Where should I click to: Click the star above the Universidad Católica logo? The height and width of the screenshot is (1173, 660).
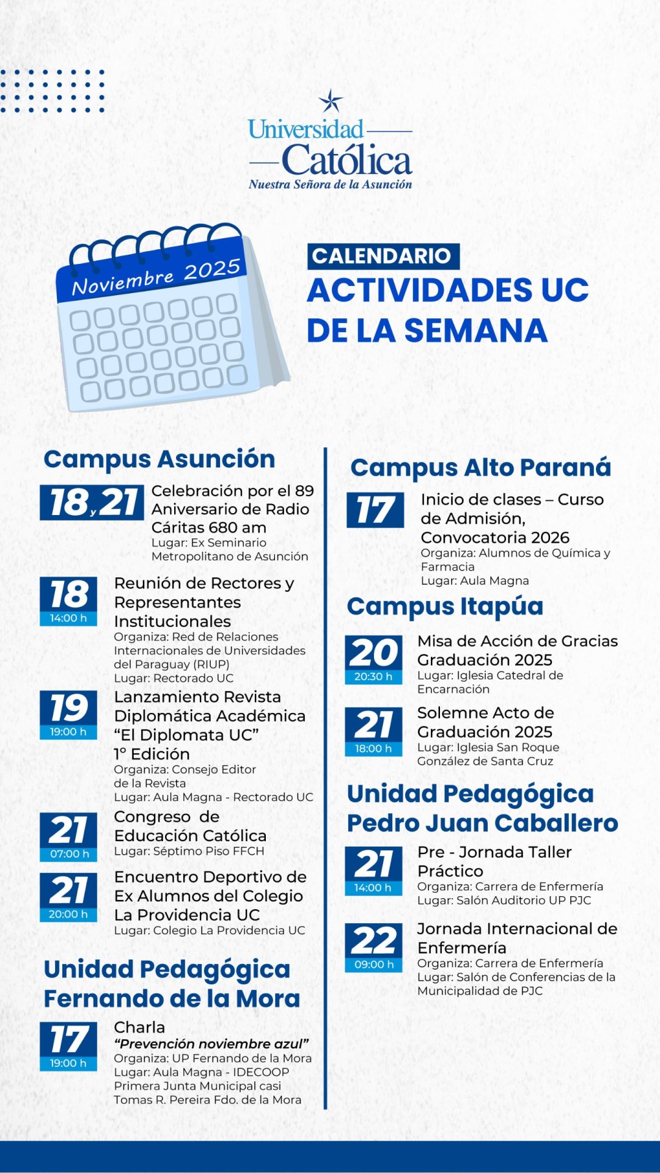coord(331,101)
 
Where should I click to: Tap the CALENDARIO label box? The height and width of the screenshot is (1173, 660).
coord(383,256)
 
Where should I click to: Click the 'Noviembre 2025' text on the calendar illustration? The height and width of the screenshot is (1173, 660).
coord(156,277)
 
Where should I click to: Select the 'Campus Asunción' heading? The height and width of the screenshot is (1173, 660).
coord(159,459)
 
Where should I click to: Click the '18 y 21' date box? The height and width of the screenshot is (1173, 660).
coord(92,503)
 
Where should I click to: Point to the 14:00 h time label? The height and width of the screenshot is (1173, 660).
coord(68,618)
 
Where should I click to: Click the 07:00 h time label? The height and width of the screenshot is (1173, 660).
coord(68,854)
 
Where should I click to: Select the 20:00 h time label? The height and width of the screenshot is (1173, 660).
coord(68,915)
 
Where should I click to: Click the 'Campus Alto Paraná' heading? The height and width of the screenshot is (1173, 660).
coord(480,467)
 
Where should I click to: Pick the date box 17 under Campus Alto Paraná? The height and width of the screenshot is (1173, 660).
coord(375,510)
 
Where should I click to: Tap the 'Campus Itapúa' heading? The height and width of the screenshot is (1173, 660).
coord(445,607)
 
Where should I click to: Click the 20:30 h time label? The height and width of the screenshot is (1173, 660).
coord(373,677)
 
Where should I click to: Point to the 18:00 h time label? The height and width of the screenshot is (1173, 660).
coord(373,749)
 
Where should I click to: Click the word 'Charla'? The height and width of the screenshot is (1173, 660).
coord(139,1028)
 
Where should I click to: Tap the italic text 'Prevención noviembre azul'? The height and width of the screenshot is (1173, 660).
coord(211,1044)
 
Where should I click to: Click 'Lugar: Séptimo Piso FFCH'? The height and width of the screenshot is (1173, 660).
coord(189,852)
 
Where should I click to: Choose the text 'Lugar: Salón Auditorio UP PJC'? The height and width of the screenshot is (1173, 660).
coord(504,901)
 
